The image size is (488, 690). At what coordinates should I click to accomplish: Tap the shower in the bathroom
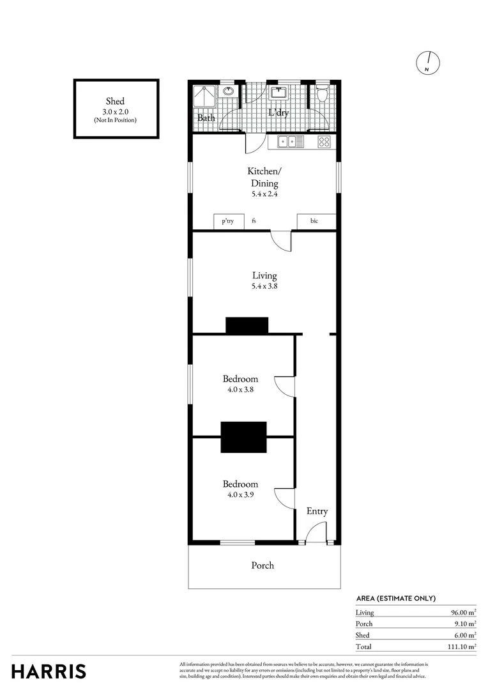point(205,96)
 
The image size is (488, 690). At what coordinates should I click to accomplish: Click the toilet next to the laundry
point(323,95)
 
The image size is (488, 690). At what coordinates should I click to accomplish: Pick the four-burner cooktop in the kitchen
point(324,142)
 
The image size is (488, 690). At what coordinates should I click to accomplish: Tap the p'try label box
point(227,222)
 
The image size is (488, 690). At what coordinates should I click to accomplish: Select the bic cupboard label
point(315,222)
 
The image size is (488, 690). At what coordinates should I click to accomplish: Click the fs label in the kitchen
point(254,222)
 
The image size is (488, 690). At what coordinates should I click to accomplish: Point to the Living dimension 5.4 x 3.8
point(264,287)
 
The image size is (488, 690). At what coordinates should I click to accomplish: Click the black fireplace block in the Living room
point(247,326)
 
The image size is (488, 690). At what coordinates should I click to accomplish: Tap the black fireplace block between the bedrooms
point(243,437)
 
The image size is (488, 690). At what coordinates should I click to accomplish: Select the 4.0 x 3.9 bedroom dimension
point(240,494)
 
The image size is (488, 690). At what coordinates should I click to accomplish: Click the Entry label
point(317,511)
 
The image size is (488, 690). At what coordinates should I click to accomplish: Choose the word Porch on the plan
point(263,565)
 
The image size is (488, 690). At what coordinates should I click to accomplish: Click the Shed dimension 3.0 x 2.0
point(116,112)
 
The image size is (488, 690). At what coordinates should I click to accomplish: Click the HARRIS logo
point(49,671)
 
